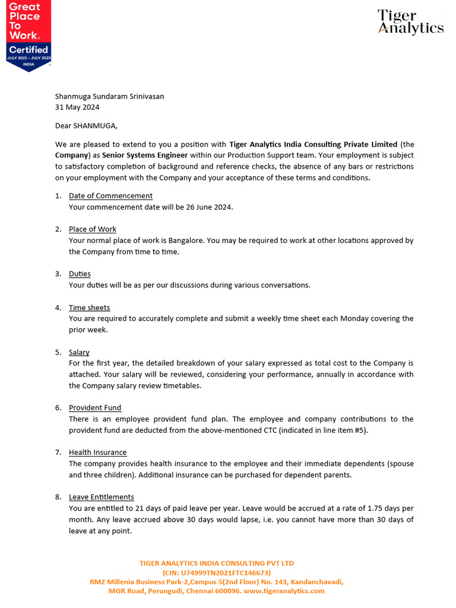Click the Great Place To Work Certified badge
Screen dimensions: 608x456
coord(28,36)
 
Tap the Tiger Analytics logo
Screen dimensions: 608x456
coord(410,23)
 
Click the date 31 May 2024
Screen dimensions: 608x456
coord(77,107)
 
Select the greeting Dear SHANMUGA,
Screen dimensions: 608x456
coord(87,126)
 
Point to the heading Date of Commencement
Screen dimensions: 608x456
coord(110,196)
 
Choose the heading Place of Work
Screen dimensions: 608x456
coord(93,229)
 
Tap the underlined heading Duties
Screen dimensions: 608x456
coord(80,274)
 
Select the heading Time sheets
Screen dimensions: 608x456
coord(89,308)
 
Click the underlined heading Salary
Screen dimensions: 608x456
coord(79,352)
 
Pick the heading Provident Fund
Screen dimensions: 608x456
coord(95,408)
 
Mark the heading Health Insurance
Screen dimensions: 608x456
coord(97,452)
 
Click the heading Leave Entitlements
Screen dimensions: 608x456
coord(102,497)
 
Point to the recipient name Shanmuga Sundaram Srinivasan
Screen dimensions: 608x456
coord(110,96)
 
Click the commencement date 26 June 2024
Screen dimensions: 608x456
coord(208,207)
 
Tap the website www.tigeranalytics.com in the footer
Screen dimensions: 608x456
coord(284,591)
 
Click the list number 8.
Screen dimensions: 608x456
coord(58,497)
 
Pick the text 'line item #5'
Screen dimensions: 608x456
coord(344,430)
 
